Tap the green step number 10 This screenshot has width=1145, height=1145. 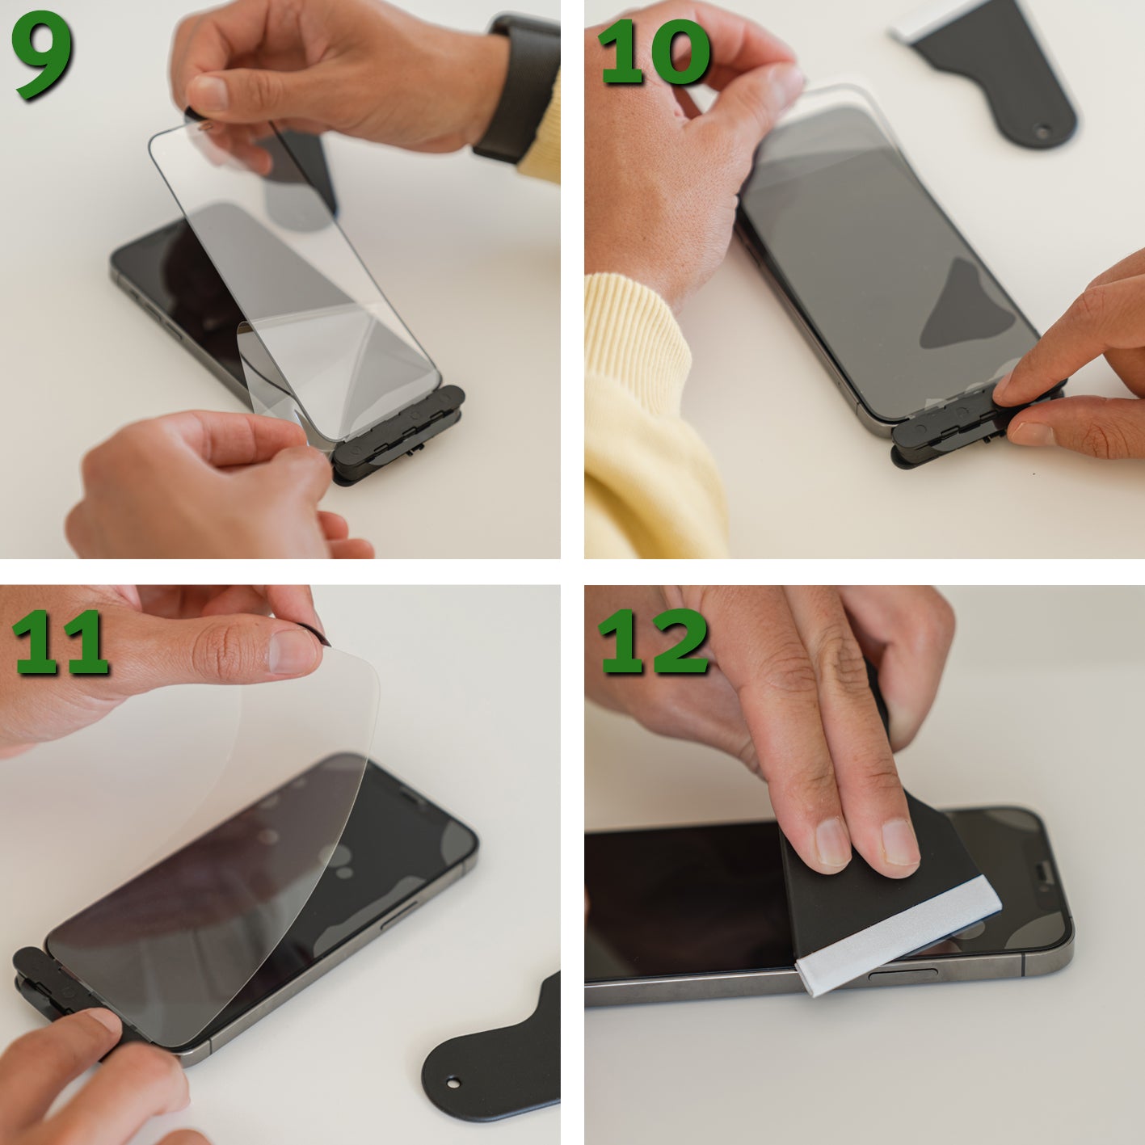coord(654,53)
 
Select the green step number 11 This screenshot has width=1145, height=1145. coord(60,643)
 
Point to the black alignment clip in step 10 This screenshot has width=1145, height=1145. coord(975,425)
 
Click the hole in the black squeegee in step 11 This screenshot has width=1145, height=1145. coord(453,1083)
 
